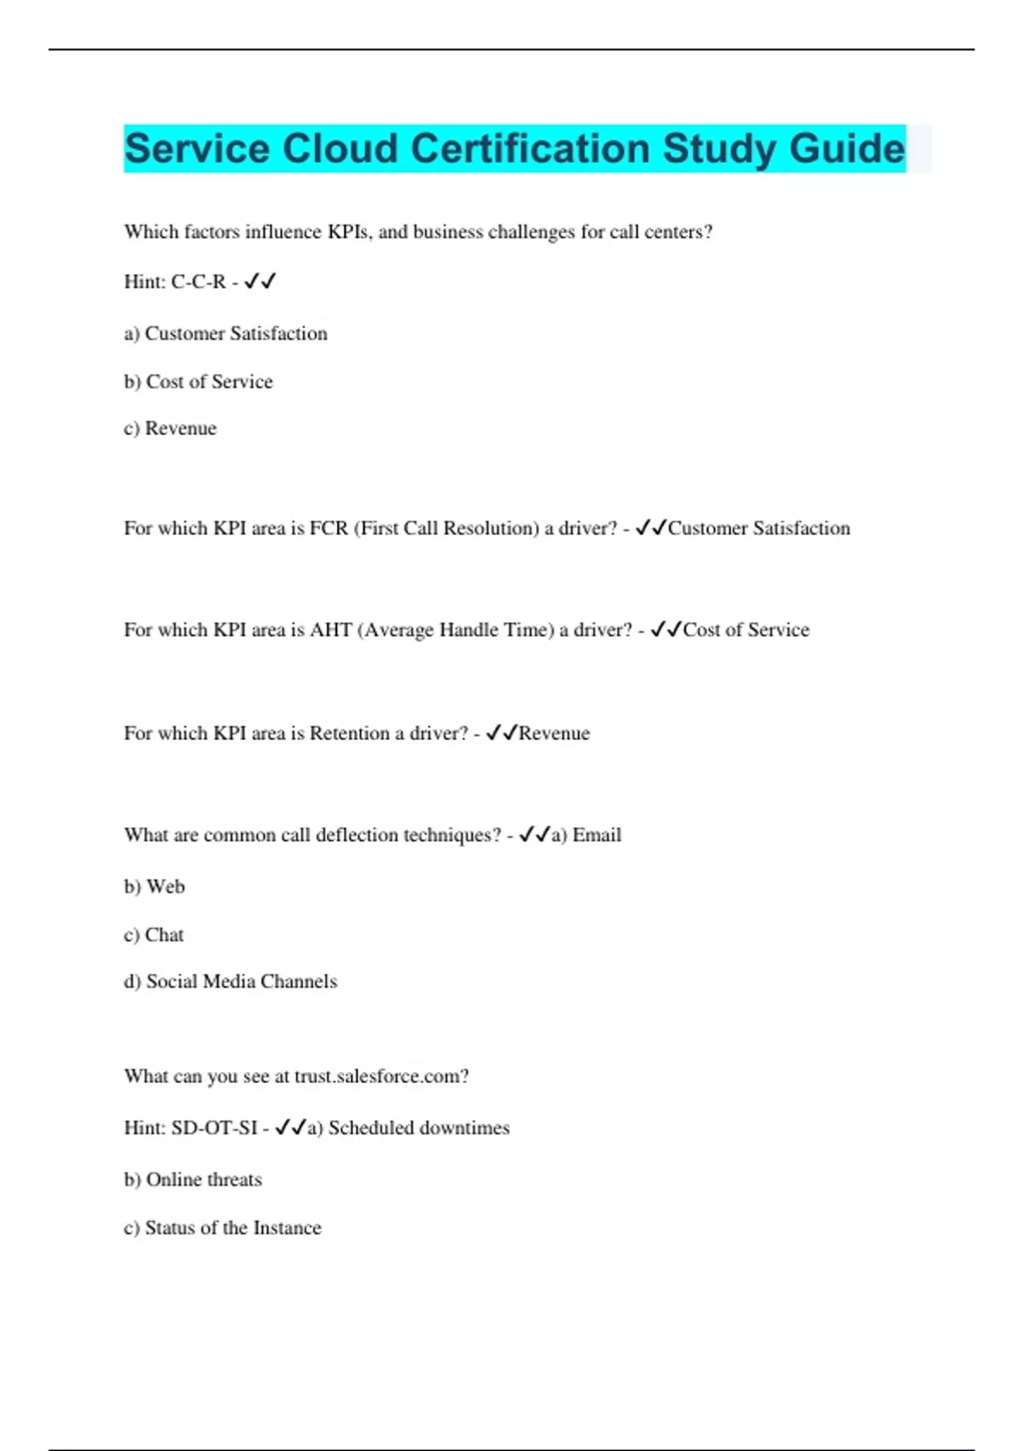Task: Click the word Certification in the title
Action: (x=531, y=149)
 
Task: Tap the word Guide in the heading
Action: (x=847, y=149)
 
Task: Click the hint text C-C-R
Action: (x=198, y=282)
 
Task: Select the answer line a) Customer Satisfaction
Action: (x=225, y=333)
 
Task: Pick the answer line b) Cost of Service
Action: (x=198, y=382)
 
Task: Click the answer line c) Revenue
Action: (x=170, y=428)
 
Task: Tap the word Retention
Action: (x=349, y=733)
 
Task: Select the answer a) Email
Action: (x=586, y=835)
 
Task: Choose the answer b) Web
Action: (x=154, y=886)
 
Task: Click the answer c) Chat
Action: (x=154, y=935)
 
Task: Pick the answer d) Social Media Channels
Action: (x=230, y=982)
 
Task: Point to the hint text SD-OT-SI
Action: (x=214, y=1128)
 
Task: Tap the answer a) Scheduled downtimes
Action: (x=409, y=1128)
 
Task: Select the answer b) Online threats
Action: (x=193, y=1180)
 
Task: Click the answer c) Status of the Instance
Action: (x=223, y=1227)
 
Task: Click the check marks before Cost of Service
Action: (x=666, y=630)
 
